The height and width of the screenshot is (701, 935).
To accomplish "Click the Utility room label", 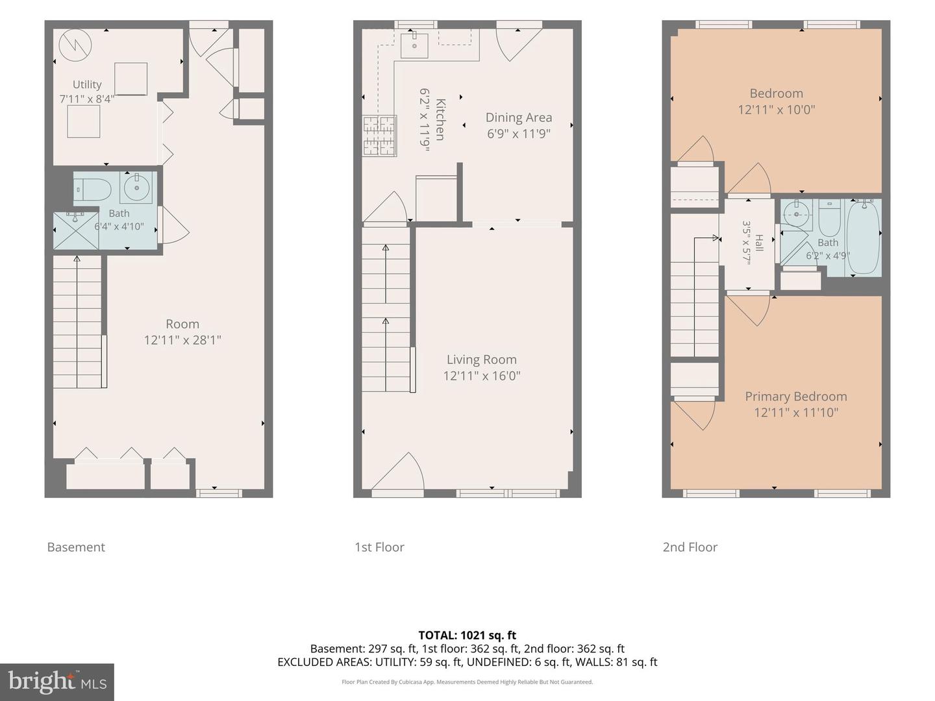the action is (x=87, y=84).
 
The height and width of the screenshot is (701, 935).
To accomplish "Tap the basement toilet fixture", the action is (x=93, y=190).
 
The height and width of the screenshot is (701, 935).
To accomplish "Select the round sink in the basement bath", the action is (x=136, y=188).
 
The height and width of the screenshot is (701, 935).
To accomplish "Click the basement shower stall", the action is (x=76, y=230).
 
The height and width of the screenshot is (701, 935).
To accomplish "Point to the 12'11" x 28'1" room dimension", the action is (x=182, y=340).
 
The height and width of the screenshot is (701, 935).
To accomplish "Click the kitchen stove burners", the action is (x=379, y=136).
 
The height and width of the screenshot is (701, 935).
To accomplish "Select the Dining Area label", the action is (x=519, y=117).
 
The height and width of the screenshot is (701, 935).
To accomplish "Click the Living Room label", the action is (x=482, y=360).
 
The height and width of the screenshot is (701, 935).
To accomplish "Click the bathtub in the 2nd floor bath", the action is (x=863, y=238).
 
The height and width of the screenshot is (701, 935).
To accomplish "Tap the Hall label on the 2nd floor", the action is (x=759, y=243).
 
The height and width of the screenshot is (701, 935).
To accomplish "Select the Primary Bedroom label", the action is (x=795, y=396).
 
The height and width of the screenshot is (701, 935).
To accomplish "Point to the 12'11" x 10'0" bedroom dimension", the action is (x=776, y=110).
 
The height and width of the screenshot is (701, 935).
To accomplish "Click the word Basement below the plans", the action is (x=76, y=547).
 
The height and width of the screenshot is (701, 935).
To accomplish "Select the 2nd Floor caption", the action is (x=690, y=547).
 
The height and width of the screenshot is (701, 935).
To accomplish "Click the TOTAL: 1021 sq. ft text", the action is (x=467, y=635).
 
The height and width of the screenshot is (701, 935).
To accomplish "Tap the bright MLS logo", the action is (x=57, y=682).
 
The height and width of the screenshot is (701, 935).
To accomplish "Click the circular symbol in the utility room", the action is (x=75, y=45).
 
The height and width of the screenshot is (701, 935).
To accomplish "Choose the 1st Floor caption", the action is (x=380, y=547).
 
